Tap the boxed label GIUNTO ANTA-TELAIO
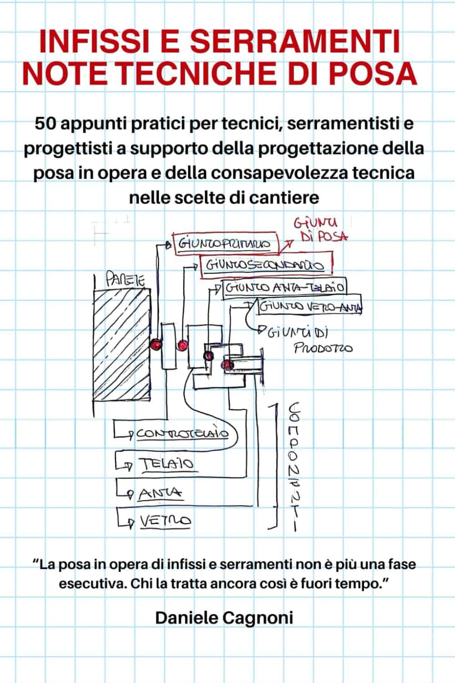[x=284, y=288]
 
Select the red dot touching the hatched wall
[x=155, y=345]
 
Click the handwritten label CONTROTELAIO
[x=182, y=434]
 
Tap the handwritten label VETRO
[x=165, y=520]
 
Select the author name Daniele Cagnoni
[x=224, y=618]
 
